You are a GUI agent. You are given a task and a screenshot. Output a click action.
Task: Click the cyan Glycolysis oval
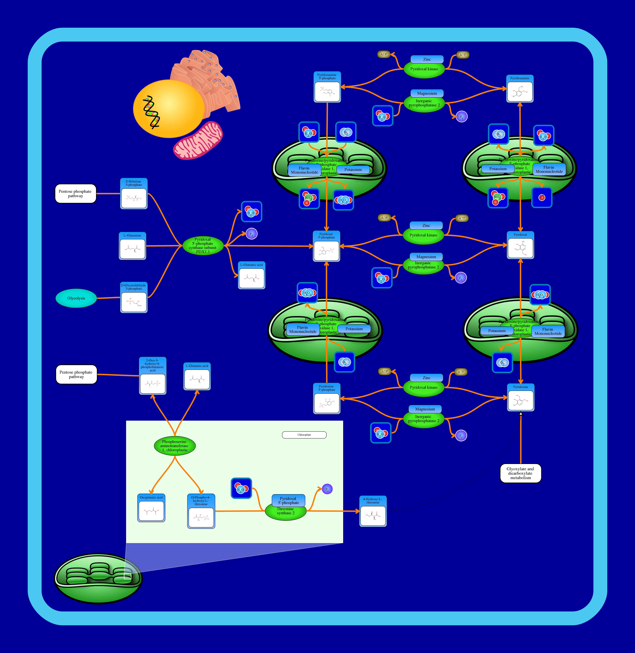76,298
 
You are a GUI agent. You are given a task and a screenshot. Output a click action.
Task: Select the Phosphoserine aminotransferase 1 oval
174,446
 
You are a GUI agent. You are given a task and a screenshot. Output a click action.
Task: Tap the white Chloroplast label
304,435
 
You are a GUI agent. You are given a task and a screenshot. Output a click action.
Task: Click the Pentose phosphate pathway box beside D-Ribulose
75,194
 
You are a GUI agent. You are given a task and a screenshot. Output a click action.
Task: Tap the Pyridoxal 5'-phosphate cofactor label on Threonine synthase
289,500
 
